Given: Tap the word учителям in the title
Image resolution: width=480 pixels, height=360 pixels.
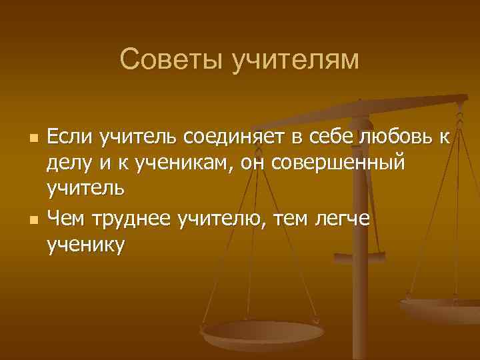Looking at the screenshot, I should (x=295, y=61).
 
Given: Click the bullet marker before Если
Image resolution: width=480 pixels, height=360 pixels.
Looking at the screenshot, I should (x=32, y=139).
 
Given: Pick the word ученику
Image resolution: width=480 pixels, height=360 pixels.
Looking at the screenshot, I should (x=85, y=245).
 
